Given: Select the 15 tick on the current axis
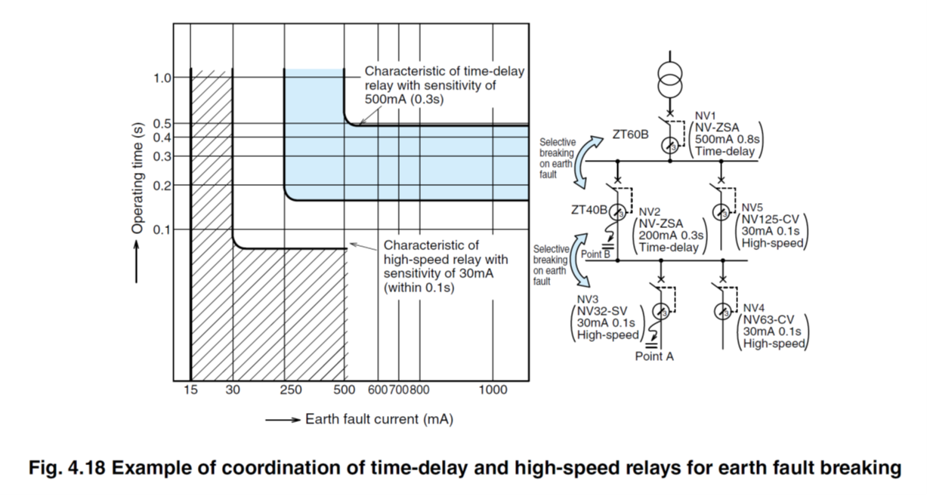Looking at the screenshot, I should tap(190, 390).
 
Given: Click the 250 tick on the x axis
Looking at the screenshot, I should tap(290, 390).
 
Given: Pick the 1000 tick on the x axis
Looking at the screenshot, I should tap(493, 390).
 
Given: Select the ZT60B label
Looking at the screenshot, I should tap(631, 136).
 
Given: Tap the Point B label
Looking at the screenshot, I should tap(595, 254).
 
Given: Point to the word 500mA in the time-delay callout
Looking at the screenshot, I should tap(391, 98).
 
